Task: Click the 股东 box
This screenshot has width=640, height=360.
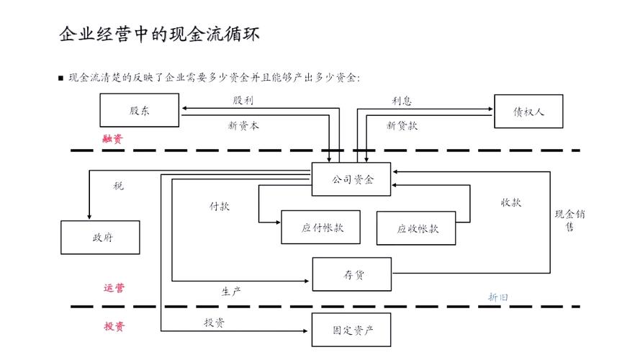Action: point(140,111)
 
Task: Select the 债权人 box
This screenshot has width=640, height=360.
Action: point(528,112)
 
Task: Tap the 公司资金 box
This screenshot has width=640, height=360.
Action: point(351,179)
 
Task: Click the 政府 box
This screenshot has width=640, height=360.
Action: point(100,238)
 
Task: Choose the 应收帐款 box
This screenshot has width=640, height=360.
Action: point(416,228)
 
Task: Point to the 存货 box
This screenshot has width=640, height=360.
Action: point(351,274)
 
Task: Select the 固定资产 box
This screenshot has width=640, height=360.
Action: point(351,330)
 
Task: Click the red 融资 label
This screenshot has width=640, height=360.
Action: point(113,139)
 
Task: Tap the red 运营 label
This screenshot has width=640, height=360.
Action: point(114,288)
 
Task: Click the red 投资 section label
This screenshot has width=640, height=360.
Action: point(114,326)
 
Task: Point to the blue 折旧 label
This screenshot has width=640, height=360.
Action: point(498,296)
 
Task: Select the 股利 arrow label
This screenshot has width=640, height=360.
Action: point(243,100)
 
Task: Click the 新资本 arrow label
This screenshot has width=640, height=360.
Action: point(243,125)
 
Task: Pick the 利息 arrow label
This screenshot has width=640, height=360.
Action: point(402,101)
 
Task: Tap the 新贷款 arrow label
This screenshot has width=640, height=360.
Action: point(402,125)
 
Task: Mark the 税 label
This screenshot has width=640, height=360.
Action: point(118,186)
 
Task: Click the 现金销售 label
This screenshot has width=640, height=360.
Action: point(569,220)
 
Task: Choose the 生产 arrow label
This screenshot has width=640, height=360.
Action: point(230,291)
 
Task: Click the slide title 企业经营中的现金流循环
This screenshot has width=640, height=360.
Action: point(159,34)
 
